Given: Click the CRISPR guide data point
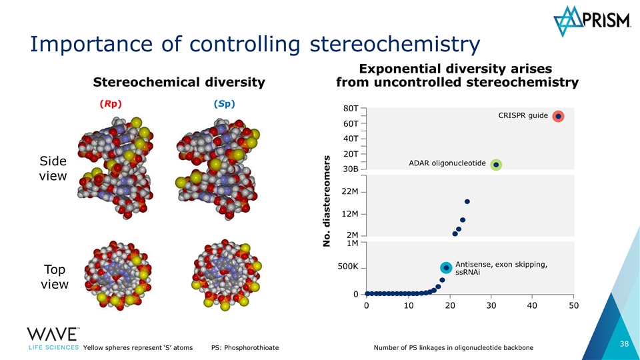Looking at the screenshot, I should (x=558, y=116).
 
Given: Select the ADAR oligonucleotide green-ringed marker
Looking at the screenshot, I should (x=496, y=165).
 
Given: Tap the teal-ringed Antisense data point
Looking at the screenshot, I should (x=446, y=267).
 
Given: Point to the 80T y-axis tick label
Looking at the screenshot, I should (x=351, y=108).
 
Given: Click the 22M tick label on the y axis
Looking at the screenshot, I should (x=350, y=192).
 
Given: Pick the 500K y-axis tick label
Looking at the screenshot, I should (x=347, y=267).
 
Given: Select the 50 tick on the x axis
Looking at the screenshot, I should (x=574, y=305).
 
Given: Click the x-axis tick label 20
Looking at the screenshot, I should (x=450, y=305).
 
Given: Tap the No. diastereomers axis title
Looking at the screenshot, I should (x=327, y=200).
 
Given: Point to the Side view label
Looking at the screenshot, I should (x=53, y=169).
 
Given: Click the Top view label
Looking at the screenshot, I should (x=53, y=277).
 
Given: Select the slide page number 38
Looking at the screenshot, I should (x=625, y=344).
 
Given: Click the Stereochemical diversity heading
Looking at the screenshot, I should (x=179, y=83).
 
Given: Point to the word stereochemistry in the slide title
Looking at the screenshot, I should (x=395, y=45).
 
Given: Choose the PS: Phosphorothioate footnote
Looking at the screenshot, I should (x=245, y=347).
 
